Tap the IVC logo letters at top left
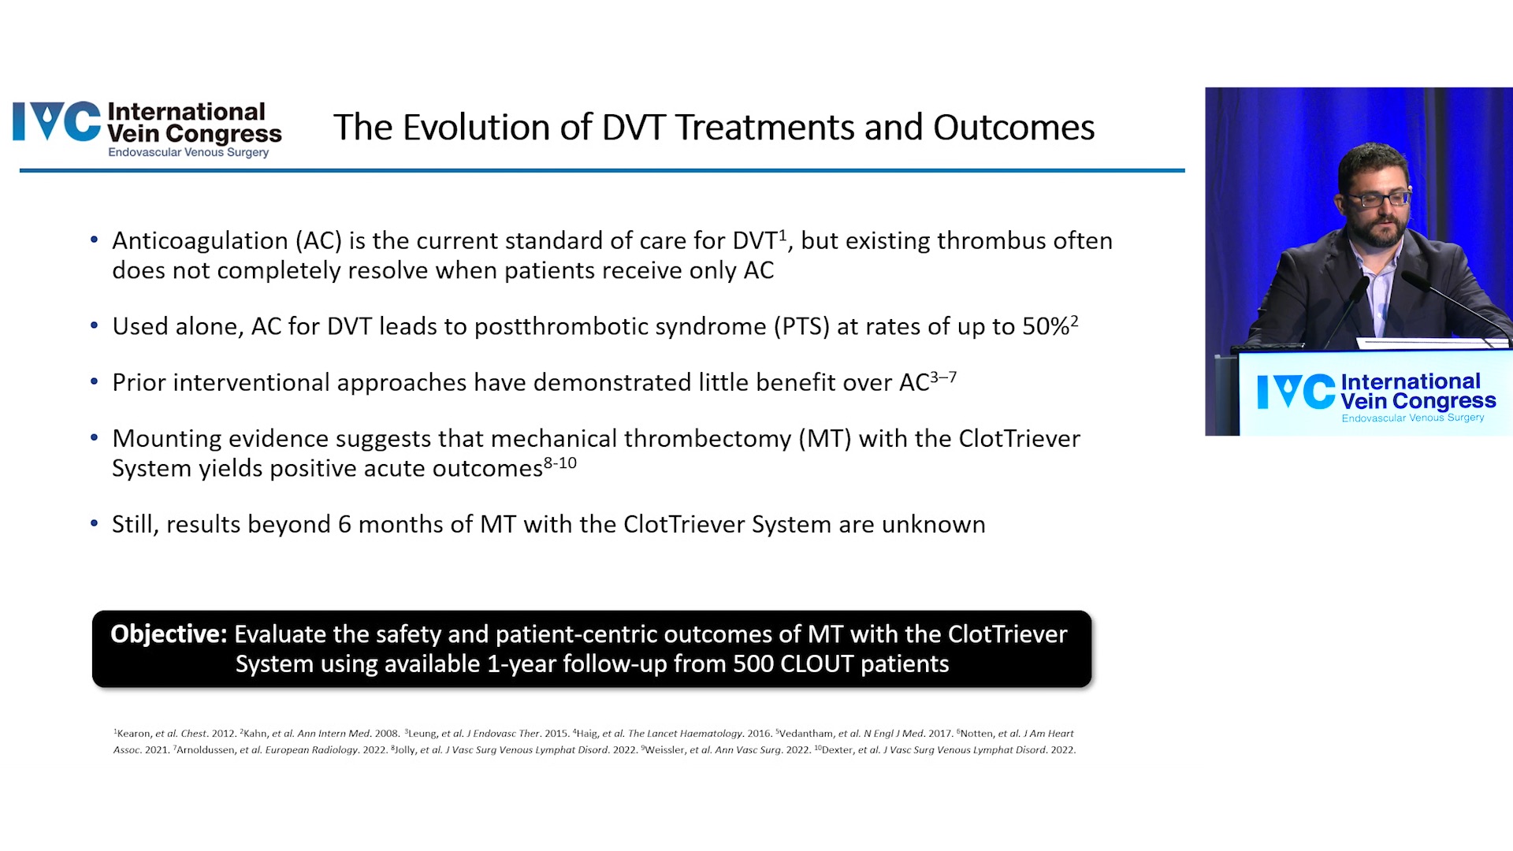pyautogui.click(x=57, y=122)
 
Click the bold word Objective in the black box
pyautogui.click(x=169, y=634)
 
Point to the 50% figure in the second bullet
pyautogui.click(x=1046, y=326)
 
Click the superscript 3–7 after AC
pyautogui.click(x=943, y=377)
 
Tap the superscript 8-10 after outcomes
pyautogui.click(x=560, y=463)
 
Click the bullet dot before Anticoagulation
pyautogui.click(x=95, y=240)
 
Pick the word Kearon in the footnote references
pyautogui.click(x=133, y=734)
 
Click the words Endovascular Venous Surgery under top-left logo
pyautogui.click(x=188, y=152)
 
